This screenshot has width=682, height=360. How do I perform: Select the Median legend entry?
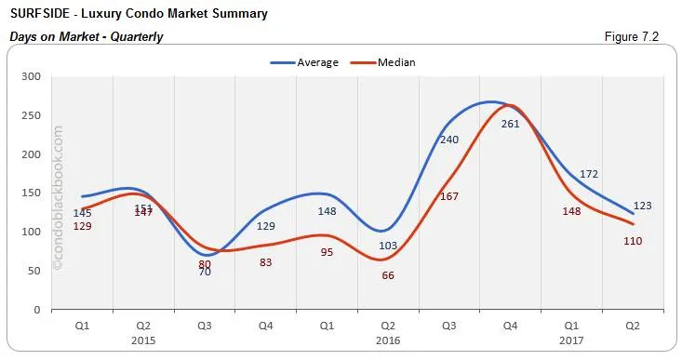click(396, 62)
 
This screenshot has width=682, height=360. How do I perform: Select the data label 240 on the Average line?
click(449, 139)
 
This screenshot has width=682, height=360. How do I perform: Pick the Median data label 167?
click(449, 196)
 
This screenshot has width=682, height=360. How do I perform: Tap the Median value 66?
click(388, 275)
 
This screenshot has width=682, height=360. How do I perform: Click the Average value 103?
click(388, 245)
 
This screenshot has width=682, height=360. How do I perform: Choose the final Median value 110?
click(634, 241)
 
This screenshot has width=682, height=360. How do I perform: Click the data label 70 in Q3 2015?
click(205, 272)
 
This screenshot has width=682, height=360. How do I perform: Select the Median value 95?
click(327, 252)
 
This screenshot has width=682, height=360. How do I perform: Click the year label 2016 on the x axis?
click(387, 340)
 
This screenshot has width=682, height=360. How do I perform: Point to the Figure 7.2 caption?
click(635, 36)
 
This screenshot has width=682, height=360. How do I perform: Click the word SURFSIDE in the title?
click(41, 14)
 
